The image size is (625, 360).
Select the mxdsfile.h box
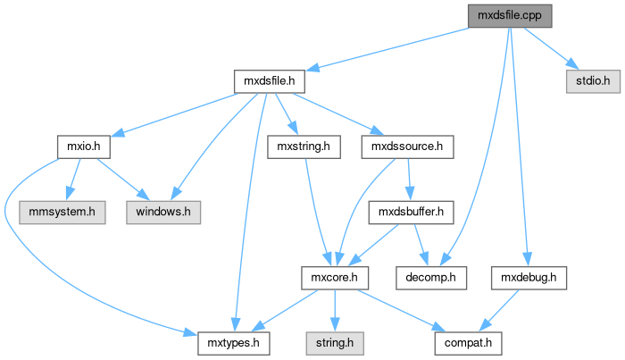pyautogui.click(x=269, y=81)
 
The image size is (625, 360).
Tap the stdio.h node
pyautogui.click(x=591, y=81)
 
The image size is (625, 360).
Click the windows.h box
pyautogui.click(x=162, y=213)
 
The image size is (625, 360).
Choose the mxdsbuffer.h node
pyautogui.click(x=412, y=213)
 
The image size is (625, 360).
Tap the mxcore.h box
pyautogui.click(x=333, y=279)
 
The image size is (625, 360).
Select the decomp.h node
pyautogui.click(x=430, y=279)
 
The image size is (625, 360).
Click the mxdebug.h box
pyautogui.click(x=529, y=279)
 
